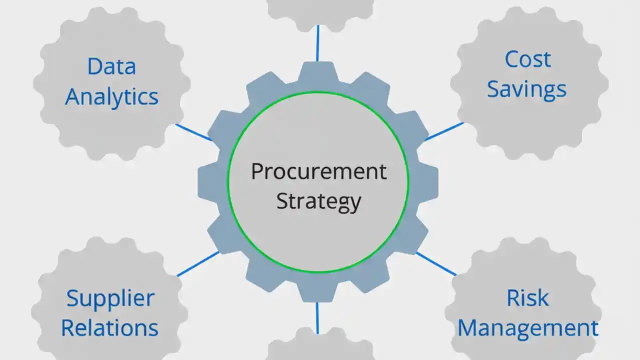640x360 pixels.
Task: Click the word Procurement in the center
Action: pos(318,172)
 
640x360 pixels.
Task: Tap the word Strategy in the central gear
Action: pos(318,201)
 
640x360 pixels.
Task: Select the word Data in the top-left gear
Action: pos(111,66)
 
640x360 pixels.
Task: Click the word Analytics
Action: pos(111,96)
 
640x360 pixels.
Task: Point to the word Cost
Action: pos(527,59)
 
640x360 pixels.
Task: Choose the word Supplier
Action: pos(110,298)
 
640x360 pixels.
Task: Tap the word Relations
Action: pos(109,328)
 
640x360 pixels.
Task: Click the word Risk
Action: pos(527,298)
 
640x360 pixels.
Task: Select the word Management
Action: pos(528,328)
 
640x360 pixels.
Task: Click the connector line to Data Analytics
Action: pos(193,132)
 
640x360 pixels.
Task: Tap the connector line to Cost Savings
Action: pos(444,131)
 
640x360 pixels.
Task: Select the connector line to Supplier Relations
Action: pos(198,263)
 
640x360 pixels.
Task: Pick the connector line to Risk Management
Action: pos(436,263)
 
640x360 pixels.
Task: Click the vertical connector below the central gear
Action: pos(317,317)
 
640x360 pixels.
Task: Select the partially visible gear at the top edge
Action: pos(320,12)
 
